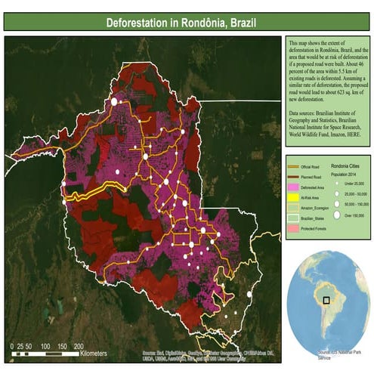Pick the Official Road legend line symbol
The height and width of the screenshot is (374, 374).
(294, 167)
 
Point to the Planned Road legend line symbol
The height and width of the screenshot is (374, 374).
(294, 176)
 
